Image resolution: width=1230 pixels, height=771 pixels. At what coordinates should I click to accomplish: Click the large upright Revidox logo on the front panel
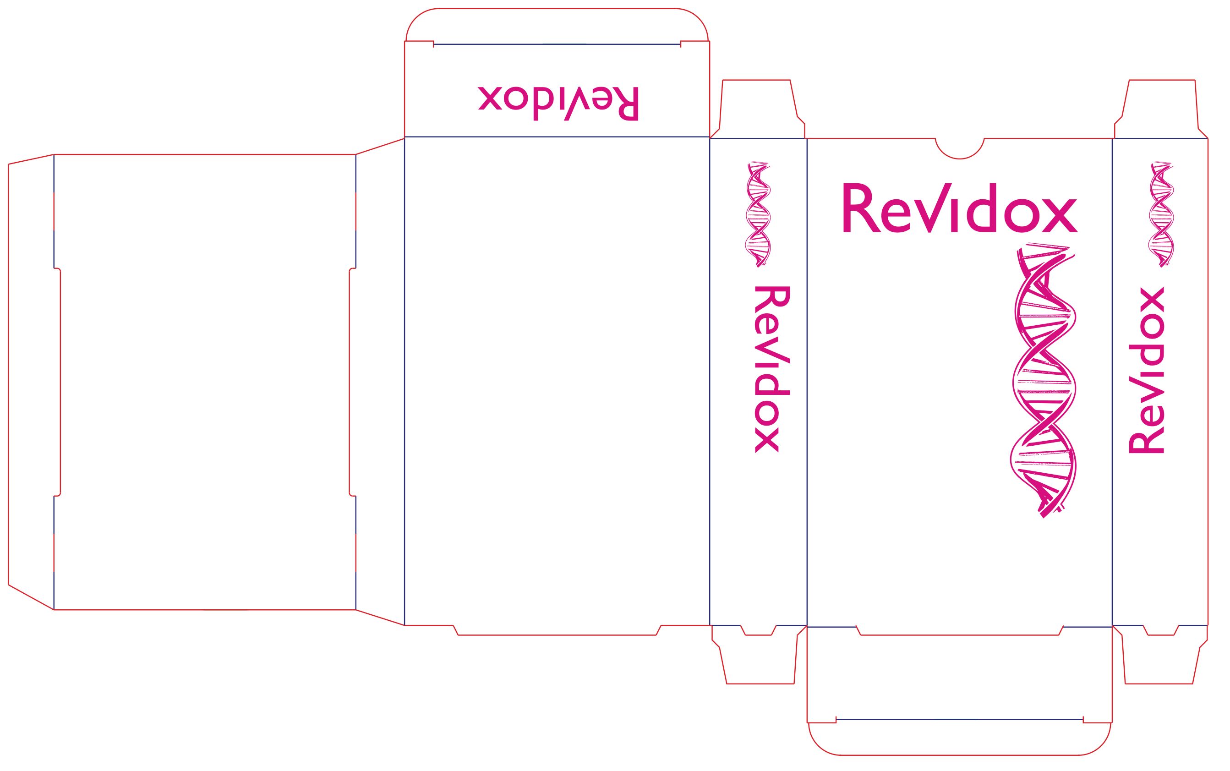[959, 208]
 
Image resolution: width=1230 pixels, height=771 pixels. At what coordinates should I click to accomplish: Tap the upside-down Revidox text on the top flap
[558, 104]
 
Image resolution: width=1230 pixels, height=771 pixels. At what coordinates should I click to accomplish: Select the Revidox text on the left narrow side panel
[772, 369]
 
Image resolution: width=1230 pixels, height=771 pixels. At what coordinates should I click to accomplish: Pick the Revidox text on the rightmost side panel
[1146, 370]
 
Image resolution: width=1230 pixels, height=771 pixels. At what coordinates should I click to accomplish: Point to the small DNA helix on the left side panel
[758, 214]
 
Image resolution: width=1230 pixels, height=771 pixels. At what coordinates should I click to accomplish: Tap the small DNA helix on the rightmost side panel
[1161, 214]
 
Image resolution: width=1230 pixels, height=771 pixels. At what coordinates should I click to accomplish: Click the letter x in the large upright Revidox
[1060, 216]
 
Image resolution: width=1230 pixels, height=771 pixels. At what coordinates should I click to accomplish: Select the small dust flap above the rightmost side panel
[1161, 109]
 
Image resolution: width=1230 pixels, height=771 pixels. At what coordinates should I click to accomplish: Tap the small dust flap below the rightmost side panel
[1160, 654]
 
